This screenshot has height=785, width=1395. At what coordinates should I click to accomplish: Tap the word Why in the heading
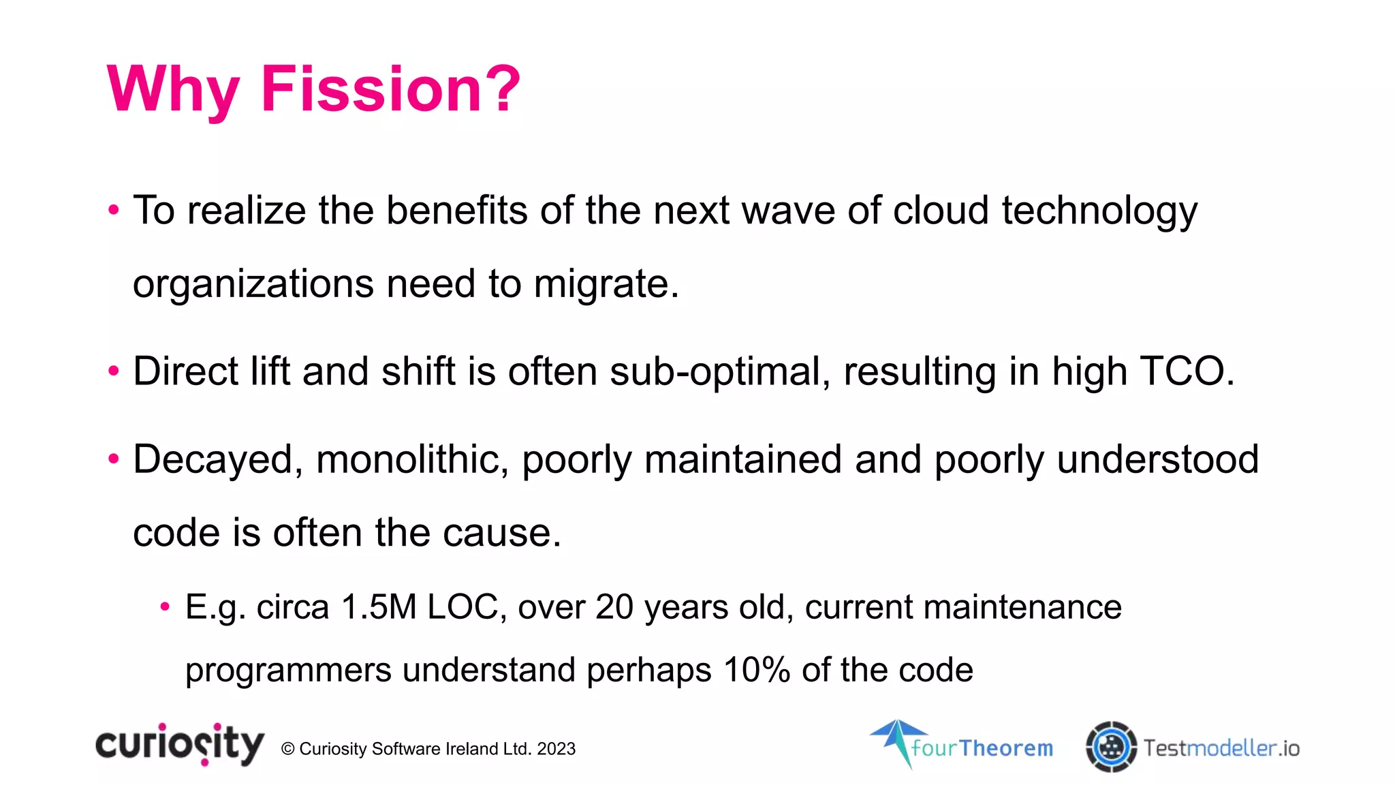(173, 91)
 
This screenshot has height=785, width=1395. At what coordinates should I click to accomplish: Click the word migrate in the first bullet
(601, 283)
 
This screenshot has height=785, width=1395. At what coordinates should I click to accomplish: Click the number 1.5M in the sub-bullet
(379, 606)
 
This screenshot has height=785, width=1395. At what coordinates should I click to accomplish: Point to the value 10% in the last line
(756, 670)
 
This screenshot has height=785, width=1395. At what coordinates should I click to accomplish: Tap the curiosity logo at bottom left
(179, 745)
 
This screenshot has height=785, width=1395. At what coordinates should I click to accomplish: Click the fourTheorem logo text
(982, 748)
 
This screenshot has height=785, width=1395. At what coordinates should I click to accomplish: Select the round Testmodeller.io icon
(1111, 747)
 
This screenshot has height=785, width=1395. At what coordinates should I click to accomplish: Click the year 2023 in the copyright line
(556, 749)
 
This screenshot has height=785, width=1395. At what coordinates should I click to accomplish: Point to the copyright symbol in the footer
(287, 749)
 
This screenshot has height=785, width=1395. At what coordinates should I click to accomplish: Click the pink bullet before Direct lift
(114, 372)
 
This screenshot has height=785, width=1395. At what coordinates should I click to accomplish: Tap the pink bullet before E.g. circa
(164, 606)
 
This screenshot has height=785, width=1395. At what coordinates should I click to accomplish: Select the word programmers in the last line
(288, 671)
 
